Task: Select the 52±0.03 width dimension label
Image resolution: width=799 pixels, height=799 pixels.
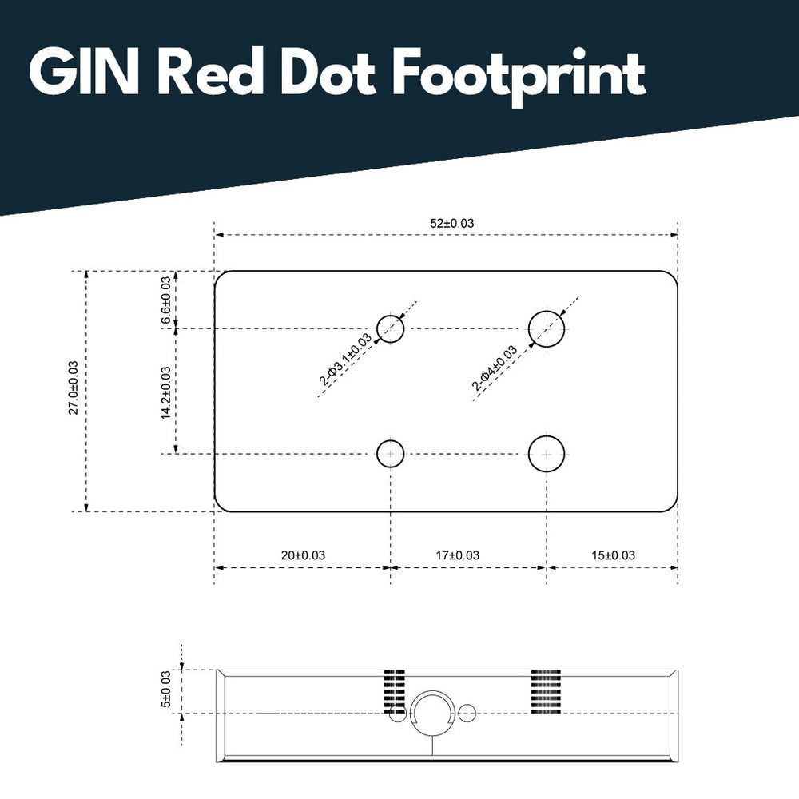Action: coord(451,223)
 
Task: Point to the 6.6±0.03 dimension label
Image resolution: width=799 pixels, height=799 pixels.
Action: coord(166,300)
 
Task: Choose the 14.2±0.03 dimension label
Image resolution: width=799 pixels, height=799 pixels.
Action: coord(166,392)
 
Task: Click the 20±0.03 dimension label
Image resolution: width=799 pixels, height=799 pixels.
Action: coord(303,555)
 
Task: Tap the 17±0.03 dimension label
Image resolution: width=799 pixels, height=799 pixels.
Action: coord(458,555)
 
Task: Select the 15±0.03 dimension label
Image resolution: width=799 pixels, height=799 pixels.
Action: coord(613,555)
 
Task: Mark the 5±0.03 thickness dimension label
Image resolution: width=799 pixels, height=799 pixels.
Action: coord(166,689)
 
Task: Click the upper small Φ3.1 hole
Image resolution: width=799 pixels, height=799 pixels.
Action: coord(391,328)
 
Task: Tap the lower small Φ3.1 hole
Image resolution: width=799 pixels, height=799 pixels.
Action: coord(391,454)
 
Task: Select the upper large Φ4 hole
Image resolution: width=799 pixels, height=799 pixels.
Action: coord(547,327)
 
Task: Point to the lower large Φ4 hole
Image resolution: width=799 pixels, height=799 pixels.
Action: coord(547,454)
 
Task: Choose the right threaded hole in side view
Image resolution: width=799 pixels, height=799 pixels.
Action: coord(547,690)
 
